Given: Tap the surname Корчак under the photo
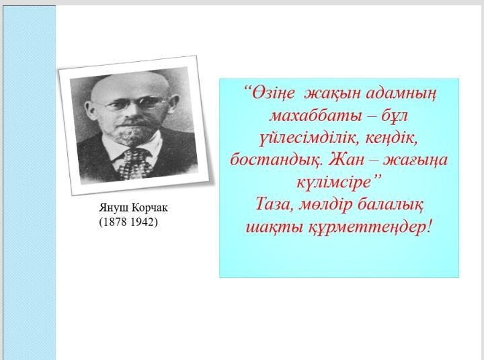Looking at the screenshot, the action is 150,208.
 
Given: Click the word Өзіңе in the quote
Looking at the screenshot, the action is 273,93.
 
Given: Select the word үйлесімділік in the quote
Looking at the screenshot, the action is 309,138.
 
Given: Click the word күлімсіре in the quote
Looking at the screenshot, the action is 333,182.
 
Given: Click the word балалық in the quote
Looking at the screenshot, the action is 392,204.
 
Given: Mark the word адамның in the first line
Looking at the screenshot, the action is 401,93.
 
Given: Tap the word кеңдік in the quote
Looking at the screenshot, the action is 391,138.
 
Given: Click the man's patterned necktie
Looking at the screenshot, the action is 135,164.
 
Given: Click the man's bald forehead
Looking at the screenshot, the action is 130,85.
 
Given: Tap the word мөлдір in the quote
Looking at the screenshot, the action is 325,205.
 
